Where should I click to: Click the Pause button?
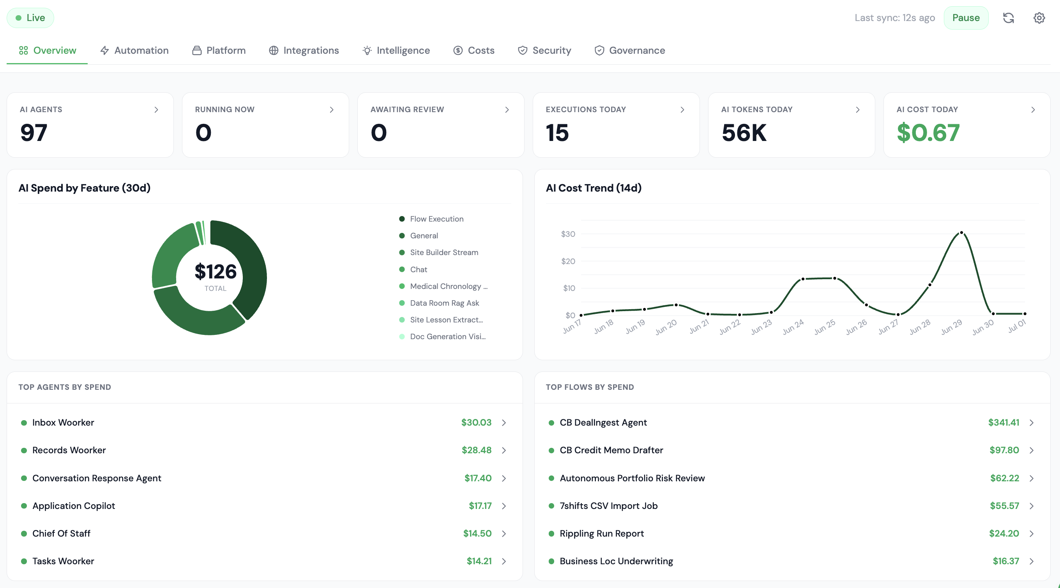tap(966, 18)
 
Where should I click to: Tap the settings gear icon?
tap(1039, 18)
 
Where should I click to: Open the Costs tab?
tap(473, 50)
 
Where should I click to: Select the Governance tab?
tap(630, 50)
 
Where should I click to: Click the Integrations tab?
tap(304, 50)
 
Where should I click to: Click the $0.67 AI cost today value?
tap(928, 132)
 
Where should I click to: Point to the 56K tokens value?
tap(744, 132)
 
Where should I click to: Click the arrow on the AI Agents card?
tap(156, 110)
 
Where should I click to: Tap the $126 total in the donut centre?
tap(216, 271)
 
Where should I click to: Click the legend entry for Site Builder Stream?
tap(444, 252)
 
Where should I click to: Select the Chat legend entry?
tap(419, 269)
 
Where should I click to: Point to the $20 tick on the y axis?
tap(568, 261)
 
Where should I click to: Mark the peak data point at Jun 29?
tap(961, 233)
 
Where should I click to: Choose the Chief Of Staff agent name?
tap(61, 533)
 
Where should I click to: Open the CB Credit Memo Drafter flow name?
tap(611, 450)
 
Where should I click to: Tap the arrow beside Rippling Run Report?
tap(1032, 534)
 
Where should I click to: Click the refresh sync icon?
tap(1008, 18)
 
